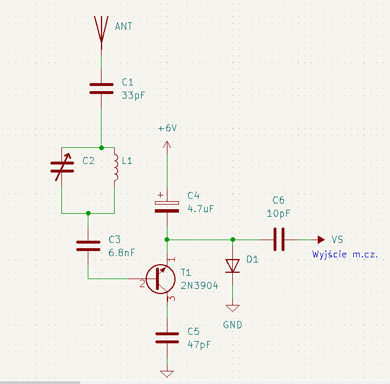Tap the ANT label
click(124, 26)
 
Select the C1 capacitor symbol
click(102, 88)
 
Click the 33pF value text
click(133, 96)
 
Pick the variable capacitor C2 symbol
click(62, 167)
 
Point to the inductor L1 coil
click(116, 167)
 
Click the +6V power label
click(167, 128)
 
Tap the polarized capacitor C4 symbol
click(167, 206)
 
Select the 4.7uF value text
click(201, 209)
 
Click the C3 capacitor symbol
click(88, 246)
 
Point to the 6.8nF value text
click(122, 253)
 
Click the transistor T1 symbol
click(161, 279)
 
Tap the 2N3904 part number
click(200, 285)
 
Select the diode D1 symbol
click(232, 266)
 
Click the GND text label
click(232, 325)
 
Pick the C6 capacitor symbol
click(279, 240)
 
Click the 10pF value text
click(278, 214)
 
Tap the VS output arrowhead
click(321, 240)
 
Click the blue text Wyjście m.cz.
click(345, 254)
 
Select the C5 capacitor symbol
click(167, 338)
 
